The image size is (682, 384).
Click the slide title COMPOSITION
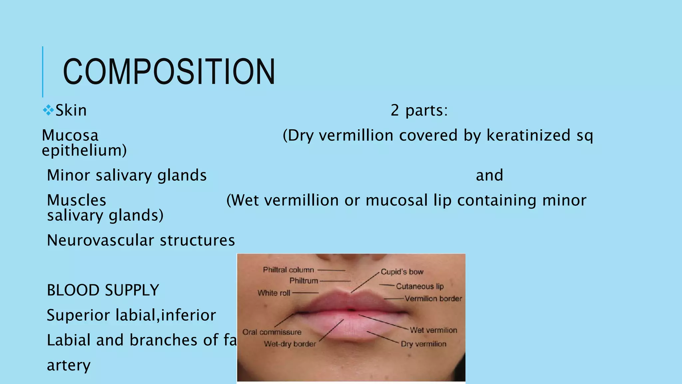tap(169, 72)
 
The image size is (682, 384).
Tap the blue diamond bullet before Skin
tap(48, 110)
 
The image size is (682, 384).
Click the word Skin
tap(71, 110)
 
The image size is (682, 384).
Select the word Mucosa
tap(70, 135)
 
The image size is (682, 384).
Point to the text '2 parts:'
tap(419, 110)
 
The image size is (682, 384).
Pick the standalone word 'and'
tap(489, 175)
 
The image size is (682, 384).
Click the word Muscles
tap(77, 200)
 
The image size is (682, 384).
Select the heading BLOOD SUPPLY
tap(103, 290)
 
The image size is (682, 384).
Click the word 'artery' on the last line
tap(69, 365)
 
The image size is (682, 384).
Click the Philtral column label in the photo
tap(288, 270)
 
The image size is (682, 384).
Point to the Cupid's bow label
tap(402, 272)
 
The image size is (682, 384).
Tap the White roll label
tap(274, 293)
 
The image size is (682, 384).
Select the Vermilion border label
tap(433, 299)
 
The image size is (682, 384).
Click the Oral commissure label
tap(272, 332)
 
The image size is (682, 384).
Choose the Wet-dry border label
tap(290, 344)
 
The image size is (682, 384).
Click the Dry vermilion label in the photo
tap(423, 344)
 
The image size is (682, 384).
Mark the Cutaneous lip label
tap(420, 286)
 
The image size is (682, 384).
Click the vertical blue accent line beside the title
tap(43, 72)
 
